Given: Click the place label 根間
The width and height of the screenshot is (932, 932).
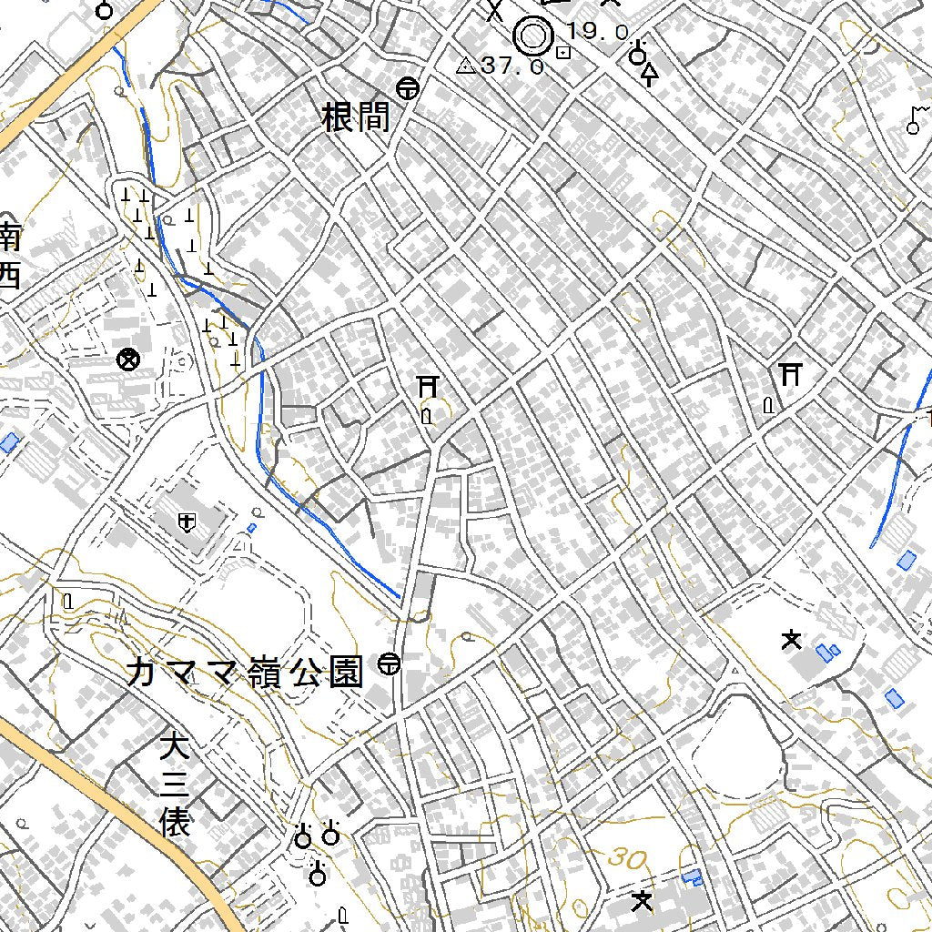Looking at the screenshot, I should coord(356,117).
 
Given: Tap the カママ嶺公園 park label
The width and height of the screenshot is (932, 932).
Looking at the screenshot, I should coord(245,673).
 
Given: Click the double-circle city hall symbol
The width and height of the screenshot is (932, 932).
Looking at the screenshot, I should coord(533,37).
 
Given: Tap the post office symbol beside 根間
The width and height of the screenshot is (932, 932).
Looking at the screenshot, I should coord(408,88).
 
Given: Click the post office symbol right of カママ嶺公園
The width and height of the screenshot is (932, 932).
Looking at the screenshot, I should coord(390,664).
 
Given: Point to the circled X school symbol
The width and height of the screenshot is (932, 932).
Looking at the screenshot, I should coord(128,360).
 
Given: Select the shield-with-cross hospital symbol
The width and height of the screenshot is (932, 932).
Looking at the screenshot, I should coord(187,522).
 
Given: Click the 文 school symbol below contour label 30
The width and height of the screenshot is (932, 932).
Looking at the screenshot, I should coord(643,901).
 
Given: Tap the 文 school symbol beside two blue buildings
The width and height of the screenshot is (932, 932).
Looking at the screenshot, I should coord(791,640).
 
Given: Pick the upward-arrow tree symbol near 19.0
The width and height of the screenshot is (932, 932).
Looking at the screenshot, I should coord(649,75).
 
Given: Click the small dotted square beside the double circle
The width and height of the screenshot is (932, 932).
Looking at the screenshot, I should coord(564,53).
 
